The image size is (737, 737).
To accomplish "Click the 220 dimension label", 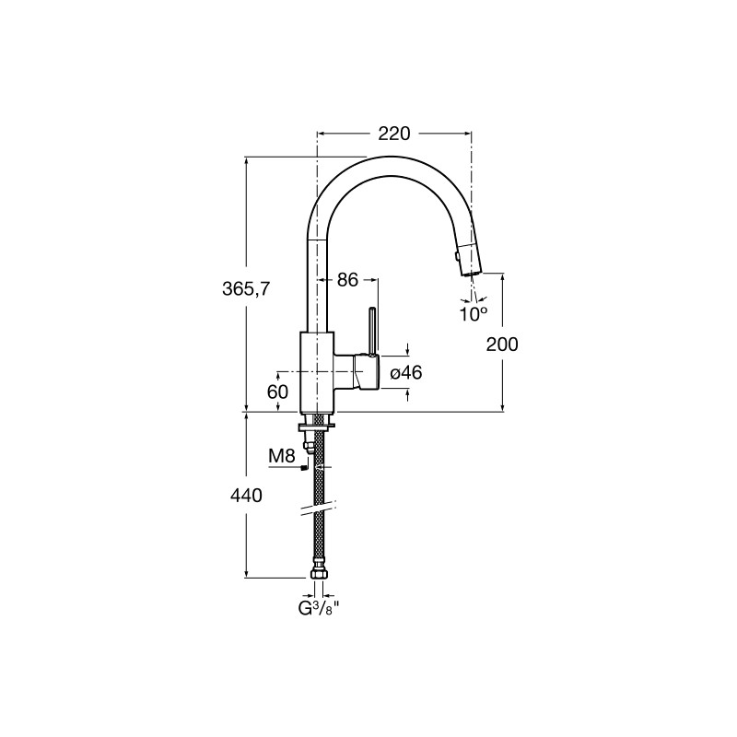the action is tap(394, 134).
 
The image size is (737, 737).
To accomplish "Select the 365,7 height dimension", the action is tap(246, 289).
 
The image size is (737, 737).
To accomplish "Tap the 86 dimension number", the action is tap(347, 280).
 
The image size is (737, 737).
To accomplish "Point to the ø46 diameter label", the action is tap(406, 373).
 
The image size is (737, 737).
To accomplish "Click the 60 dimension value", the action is tap(277, 391).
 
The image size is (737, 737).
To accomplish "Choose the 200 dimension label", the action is tap(502, 345).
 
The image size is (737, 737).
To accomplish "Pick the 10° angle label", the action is tap(473, 314).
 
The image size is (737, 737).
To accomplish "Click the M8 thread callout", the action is tap(281, 455).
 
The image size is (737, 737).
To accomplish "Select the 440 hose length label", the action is tap(246, 496).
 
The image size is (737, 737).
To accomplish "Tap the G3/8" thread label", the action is tap(319, 608).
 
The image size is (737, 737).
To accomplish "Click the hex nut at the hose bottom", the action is tap(318, 573).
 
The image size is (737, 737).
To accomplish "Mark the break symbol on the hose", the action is tap(319, 508).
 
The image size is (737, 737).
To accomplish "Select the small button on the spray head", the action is tap(455, 256).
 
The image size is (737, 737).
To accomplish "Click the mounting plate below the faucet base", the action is tap(316, 427).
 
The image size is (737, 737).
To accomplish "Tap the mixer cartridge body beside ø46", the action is tap(366, 372).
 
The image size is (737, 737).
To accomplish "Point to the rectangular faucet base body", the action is tap(317, 372).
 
